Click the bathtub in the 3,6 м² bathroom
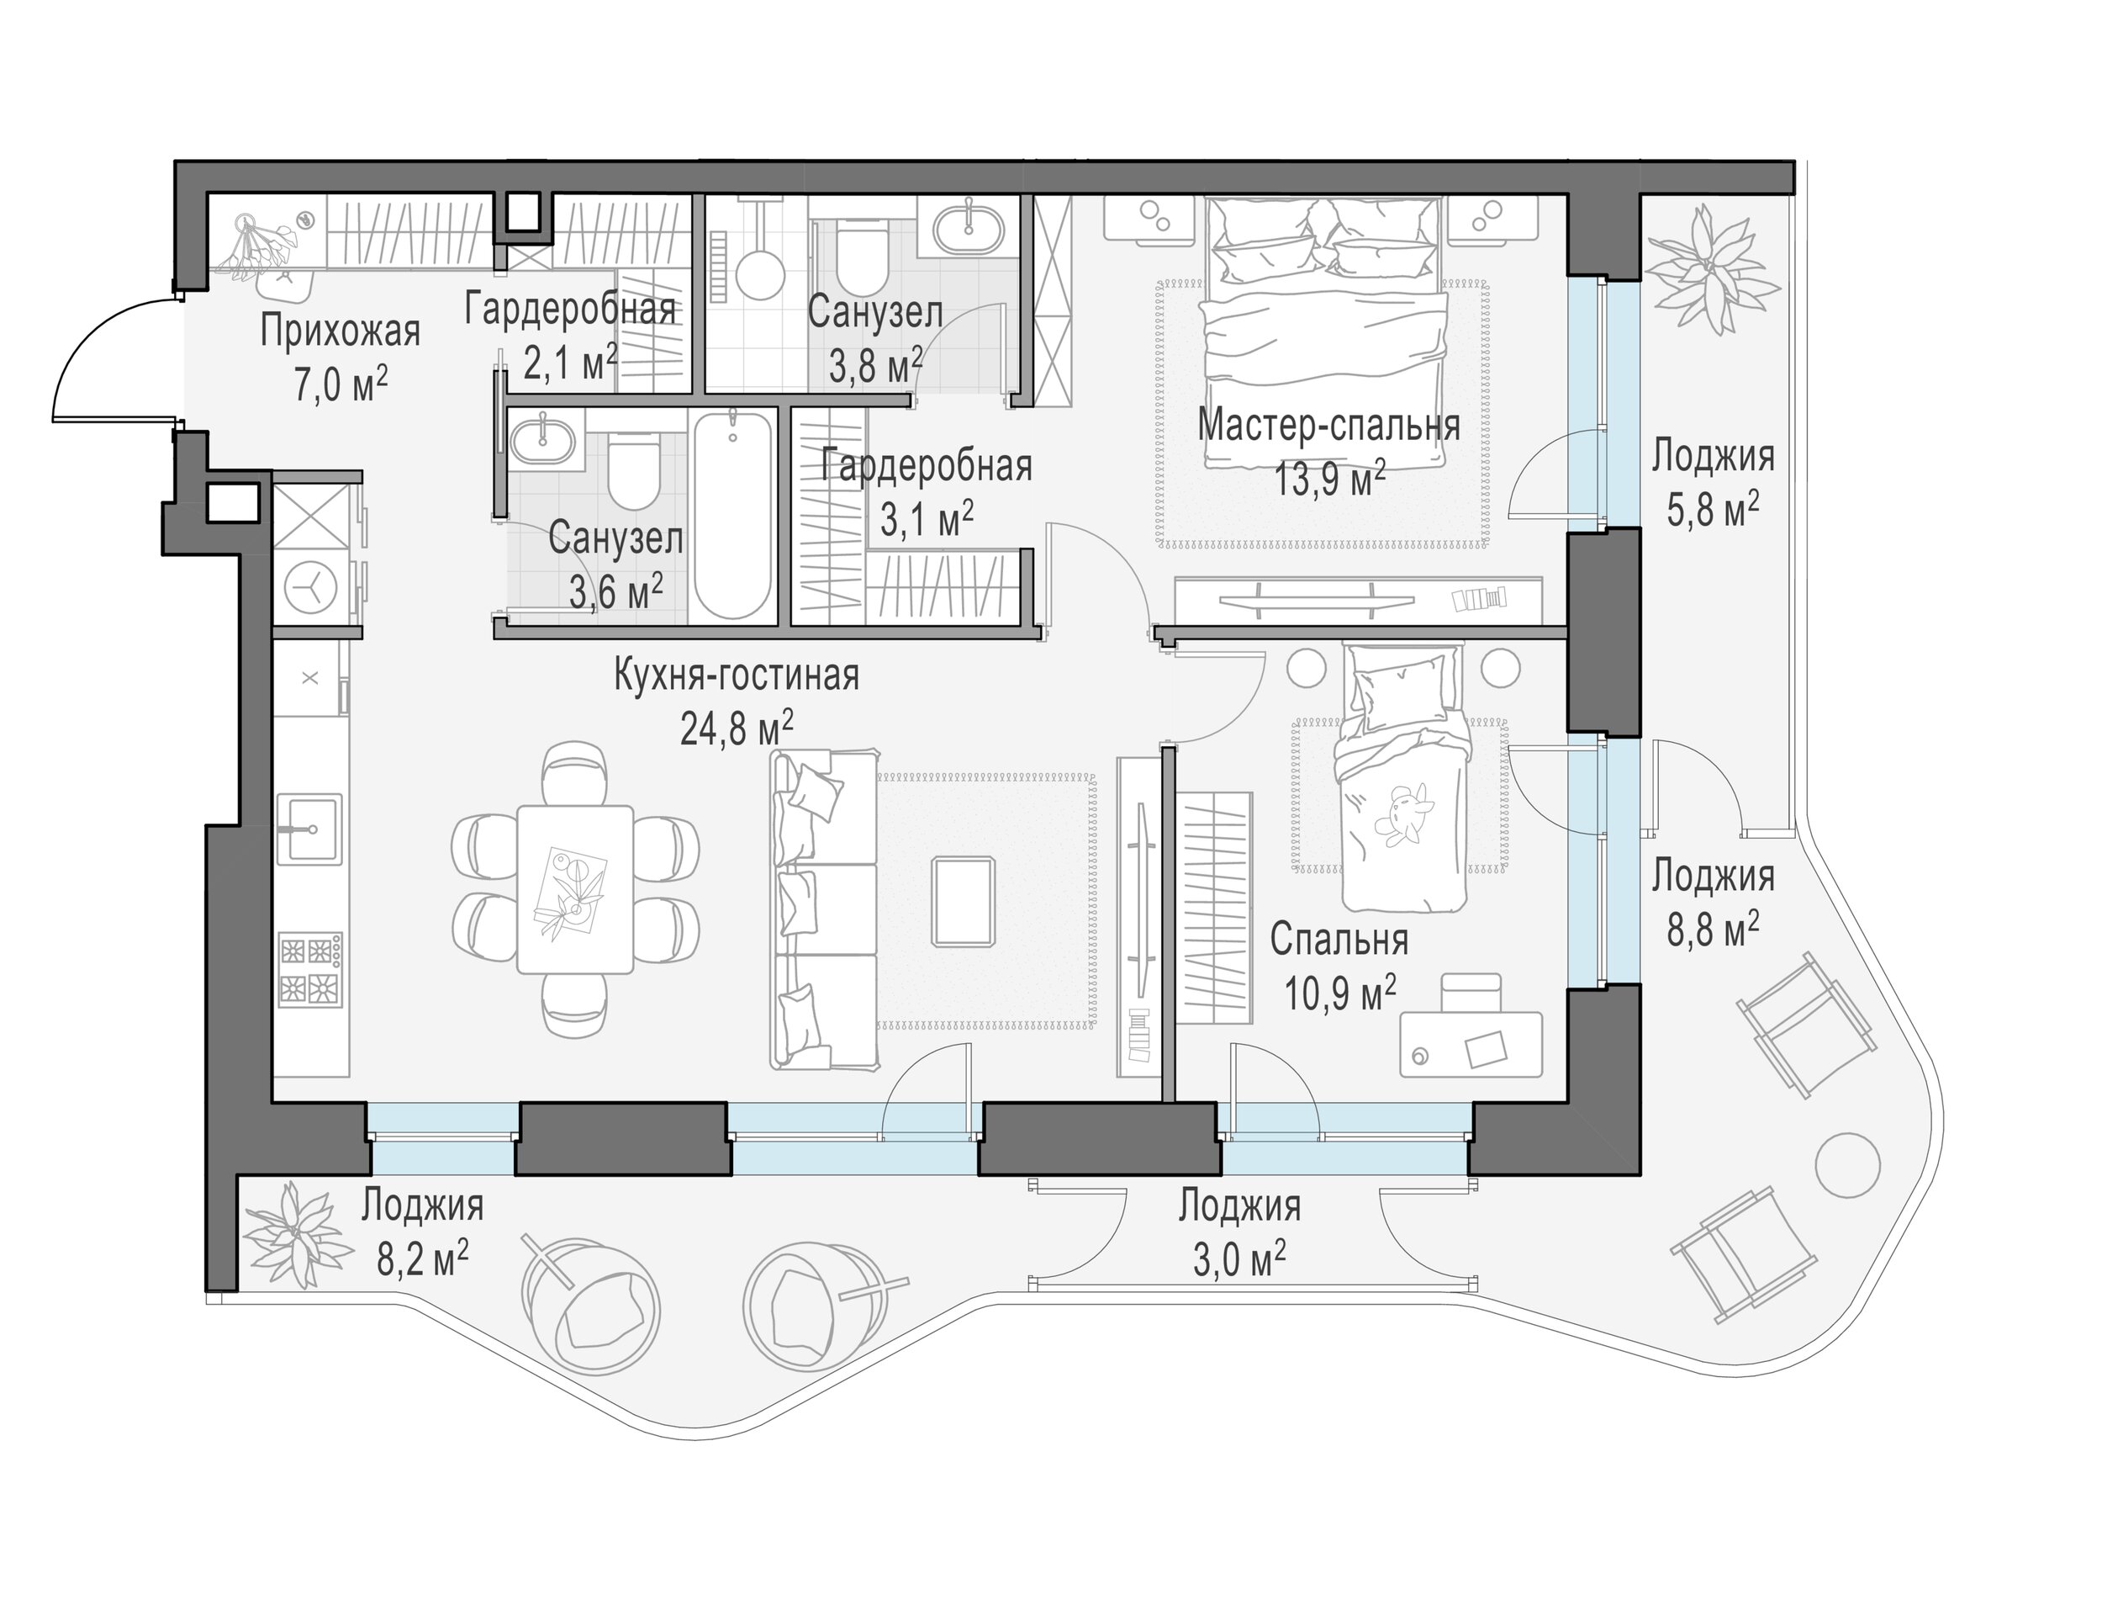coord(732,515)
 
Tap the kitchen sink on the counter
coord(309,829)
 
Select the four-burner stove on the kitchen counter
coord(310,970)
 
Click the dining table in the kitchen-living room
coord(575,889)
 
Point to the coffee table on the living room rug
coord(964,901)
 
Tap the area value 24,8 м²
coord(737,729)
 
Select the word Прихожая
coord(340,331)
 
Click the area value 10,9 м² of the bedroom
coord(1340,994)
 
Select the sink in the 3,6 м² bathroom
coord(542,439)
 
